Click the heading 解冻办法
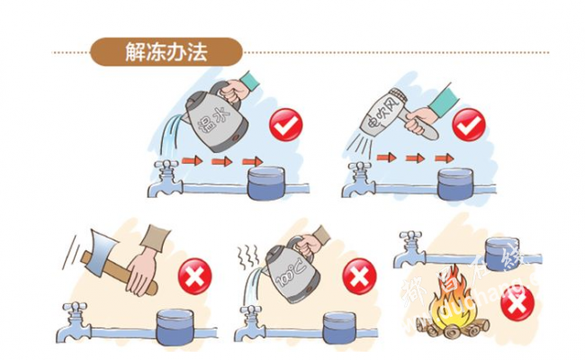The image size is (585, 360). point(166,51)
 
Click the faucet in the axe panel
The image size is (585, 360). point(75,318)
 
